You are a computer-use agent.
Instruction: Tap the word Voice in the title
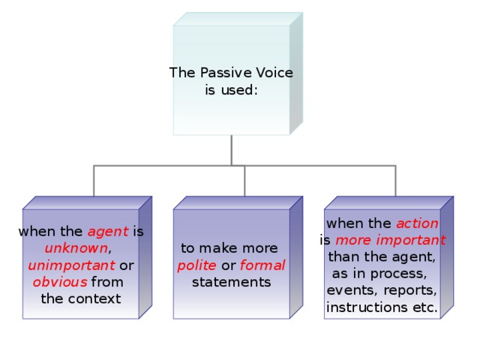click(272, 73)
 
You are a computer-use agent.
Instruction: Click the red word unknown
click(76, 248)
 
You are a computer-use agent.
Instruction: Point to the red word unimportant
click(71, 265)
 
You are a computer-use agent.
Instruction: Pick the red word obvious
click(60, 282)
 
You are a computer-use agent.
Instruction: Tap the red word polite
click(198, 265)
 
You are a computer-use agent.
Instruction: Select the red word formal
click(262, 265)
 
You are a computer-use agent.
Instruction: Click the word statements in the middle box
click(231, 282)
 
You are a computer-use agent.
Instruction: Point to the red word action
click(417, 223)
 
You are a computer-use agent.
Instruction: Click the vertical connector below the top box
click(232, 150)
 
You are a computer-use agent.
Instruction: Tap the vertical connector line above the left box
click(94, 180)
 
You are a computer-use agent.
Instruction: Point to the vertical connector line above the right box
click(394, 180)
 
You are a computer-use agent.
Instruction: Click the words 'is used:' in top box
click(232, 90)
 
